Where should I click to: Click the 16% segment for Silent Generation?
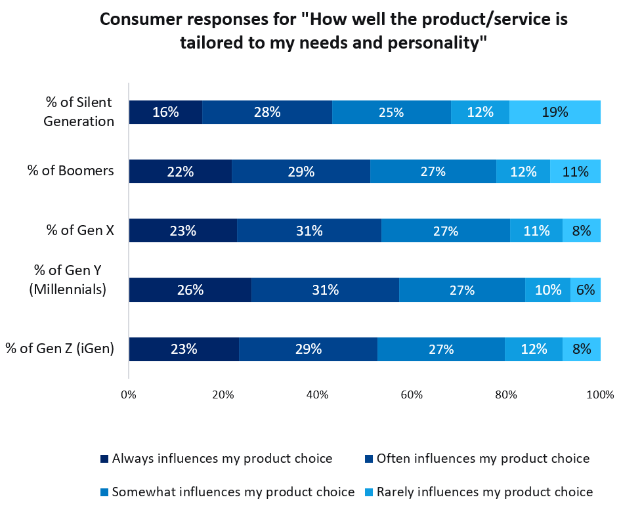point(165,112)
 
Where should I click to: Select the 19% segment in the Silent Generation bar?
point(555,112)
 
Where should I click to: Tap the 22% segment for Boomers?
point(180,171)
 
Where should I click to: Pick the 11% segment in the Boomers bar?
point(575,171)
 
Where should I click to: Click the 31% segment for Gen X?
point(309,230)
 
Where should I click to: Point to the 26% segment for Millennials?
point(190,289)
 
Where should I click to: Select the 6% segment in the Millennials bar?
point(585,289)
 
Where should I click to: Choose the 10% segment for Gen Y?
point(547,289)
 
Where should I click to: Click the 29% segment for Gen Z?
point(308,349)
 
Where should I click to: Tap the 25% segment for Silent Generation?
point(391,112)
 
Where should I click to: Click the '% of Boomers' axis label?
point(70,171)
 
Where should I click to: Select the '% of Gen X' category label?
point(79,230)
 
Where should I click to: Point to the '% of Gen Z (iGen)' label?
point(60,349)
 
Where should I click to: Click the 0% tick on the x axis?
point(129,395)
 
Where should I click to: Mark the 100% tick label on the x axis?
point(600,395)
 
